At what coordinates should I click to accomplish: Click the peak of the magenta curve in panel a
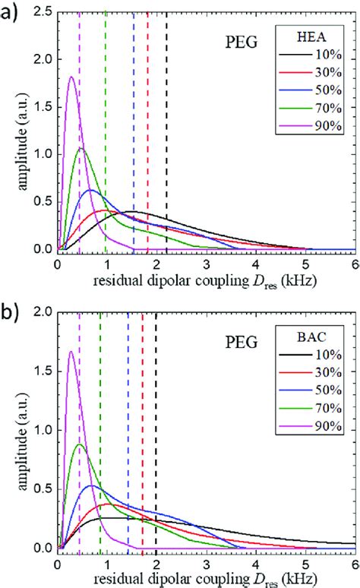pyautogui.click(x=71, y=77)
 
